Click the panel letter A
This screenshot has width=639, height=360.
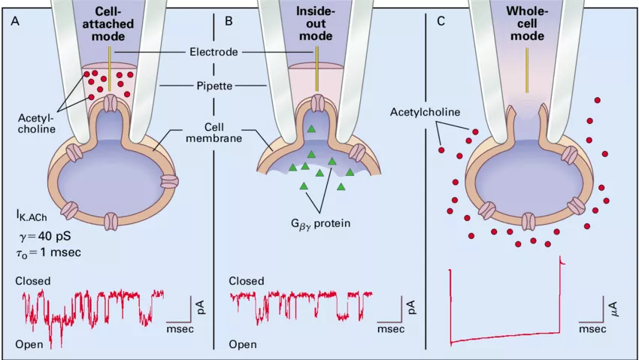tap(16, 20)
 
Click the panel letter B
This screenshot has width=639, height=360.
tap(229, 20)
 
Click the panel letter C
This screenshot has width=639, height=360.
tap(441, 20)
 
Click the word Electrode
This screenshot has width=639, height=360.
tap(214, 53)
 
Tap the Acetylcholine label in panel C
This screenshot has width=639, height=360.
tap(426, 112)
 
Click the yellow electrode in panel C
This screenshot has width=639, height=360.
tap(526, 60)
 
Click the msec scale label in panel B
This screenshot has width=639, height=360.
tap(391, 329)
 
